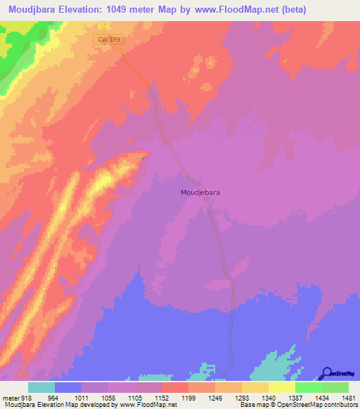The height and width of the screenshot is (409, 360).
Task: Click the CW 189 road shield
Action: point(110,40)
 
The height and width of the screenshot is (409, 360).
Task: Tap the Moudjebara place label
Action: point(200,191)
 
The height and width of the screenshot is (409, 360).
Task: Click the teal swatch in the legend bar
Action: point(41,388)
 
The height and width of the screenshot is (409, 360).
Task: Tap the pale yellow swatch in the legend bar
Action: point(282,388)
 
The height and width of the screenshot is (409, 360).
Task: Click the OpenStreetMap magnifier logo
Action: point(326,373)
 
